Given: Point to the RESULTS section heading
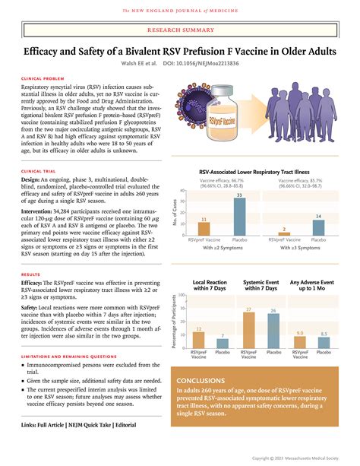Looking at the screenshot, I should coord(30,274).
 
